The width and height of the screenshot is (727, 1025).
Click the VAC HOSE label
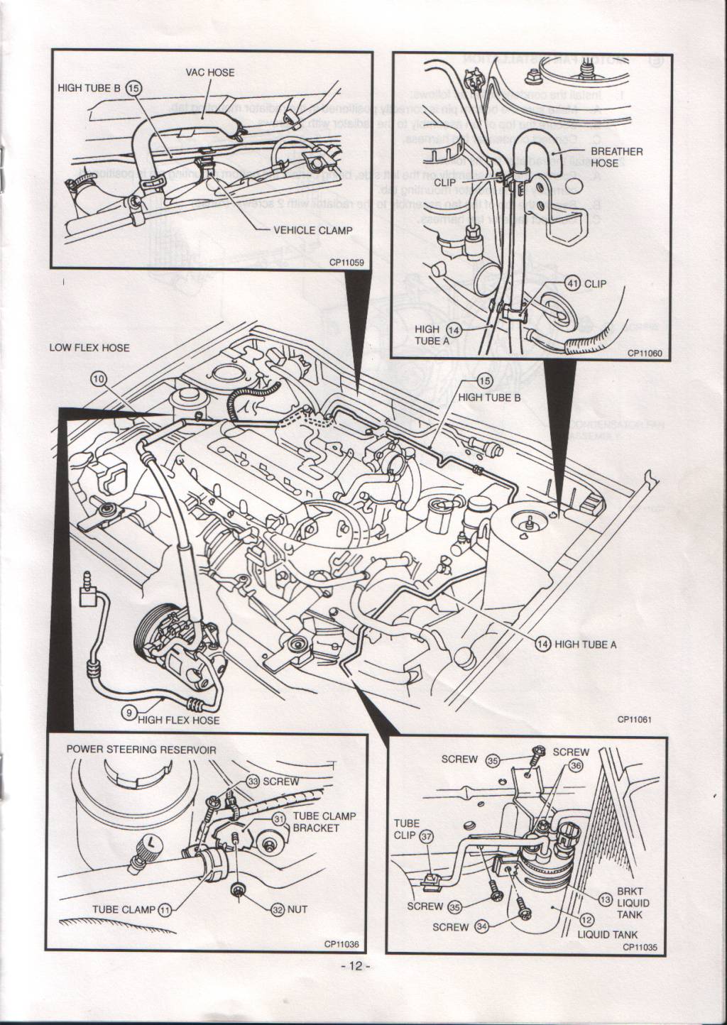209,72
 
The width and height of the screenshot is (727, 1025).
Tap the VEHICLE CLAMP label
313,230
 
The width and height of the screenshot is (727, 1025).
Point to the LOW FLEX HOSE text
89,348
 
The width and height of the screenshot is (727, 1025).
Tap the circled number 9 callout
128,714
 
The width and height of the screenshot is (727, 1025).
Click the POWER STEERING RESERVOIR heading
141,750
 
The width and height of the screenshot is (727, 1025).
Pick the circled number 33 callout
252,780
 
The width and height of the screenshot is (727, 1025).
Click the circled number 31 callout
280,819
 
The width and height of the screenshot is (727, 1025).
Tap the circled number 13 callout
605,899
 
